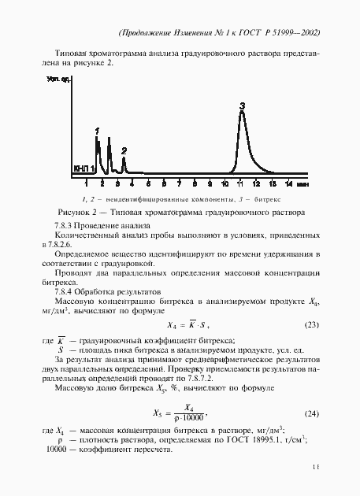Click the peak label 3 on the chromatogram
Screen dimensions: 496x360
(243, 105)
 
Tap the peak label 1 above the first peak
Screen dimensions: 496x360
(96, 131)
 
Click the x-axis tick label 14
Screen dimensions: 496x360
(288, 183)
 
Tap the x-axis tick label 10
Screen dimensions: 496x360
(225, 183)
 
